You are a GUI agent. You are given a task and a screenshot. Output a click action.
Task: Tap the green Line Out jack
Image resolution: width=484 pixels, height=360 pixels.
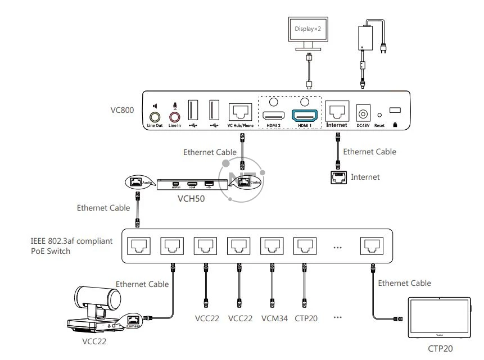pyautogui.click(x=154, y=117)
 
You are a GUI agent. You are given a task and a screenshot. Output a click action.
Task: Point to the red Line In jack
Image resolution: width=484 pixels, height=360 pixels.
pyautogui.click(x=175, y=117)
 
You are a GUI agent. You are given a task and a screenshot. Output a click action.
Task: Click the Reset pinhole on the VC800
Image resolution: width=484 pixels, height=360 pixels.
pyautogui.click(x=379, y=115)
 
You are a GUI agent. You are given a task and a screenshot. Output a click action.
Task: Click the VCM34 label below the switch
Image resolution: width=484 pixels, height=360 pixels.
pyautogui.click(x=274, y=319)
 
